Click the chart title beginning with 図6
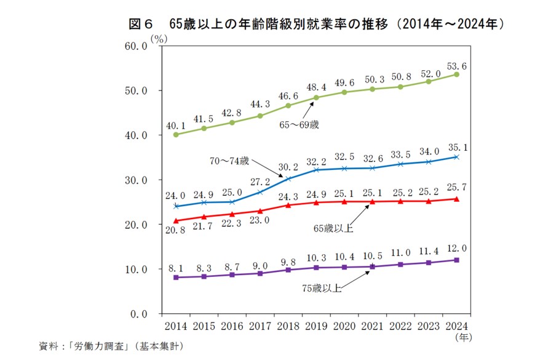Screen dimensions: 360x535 pyautogui.click(x=317, y=24)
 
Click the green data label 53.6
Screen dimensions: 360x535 pyautogui.click(x=456, y=65)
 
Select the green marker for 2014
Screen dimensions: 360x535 pyautogui.click(x=176, y=134)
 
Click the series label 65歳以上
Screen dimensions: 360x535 pyautogui.click(x=333, y=228)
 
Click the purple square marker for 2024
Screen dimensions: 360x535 pyautogui.click(x=456, y=260)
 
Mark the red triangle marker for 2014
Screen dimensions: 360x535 pyautogui.click(x=176, y=220)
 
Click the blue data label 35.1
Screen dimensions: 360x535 pyautogui.click(x=456, y=148)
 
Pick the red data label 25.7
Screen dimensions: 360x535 pyautogui.click(x=456, y=186)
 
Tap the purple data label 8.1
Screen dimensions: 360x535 pyautogui.click(x=176, y=268)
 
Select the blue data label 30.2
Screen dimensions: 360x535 pyautogui.click(x=288, y=167)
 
